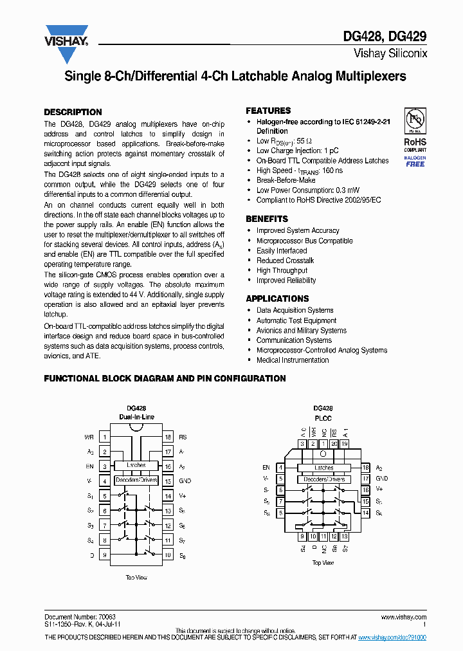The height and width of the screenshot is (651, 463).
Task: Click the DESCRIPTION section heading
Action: point(73,112)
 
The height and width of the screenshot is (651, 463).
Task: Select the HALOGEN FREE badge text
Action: point(415,161)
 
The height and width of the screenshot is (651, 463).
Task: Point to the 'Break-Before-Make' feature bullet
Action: point(286,181)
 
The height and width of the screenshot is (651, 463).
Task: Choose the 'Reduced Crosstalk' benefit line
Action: point(285,261)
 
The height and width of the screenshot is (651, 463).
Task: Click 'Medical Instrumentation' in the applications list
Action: point(292,360)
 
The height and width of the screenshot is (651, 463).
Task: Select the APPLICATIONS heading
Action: point(277,298)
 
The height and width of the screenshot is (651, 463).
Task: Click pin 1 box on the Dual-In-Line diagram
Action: point(104,437)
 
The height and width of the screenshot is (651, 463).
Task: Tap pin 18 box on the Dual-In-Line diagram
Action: point(168,437)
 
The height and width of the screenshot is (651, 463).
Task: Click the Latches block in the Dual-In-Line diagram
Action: point(136,465)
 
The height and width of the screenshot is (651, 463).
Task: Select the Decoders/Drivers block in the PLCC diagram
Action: point(324,479)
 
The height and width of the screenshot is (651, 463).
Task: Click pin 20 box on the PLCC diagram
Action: point(334,444)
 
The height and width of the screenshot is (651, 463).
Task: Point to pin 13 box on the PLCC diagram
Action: point(344,536)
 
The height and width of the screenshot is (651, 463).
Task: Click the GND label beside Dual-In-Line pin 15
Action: point(185,481)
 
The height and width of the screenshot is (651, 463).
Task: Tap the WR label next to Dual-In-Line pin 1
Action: point(89,437)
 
